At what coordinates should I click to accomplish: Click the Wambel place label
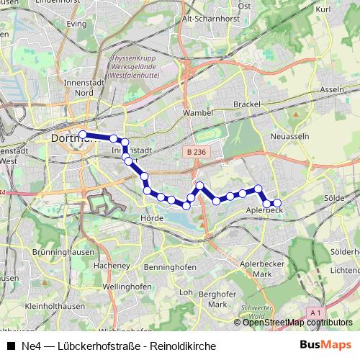[198, 113]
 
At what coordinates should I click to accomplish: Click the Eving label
[76, 23]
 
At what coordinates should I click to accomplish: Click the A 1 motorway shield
[315, 312]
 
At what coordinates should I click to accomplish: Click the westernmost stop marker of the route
[83, 135]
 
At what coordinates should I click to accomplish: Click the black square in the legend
[12, 346]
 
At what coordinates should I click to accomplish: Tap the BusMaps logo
[324, 346]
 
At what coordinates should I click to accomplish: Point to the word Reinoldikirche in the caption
[184, 346]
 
